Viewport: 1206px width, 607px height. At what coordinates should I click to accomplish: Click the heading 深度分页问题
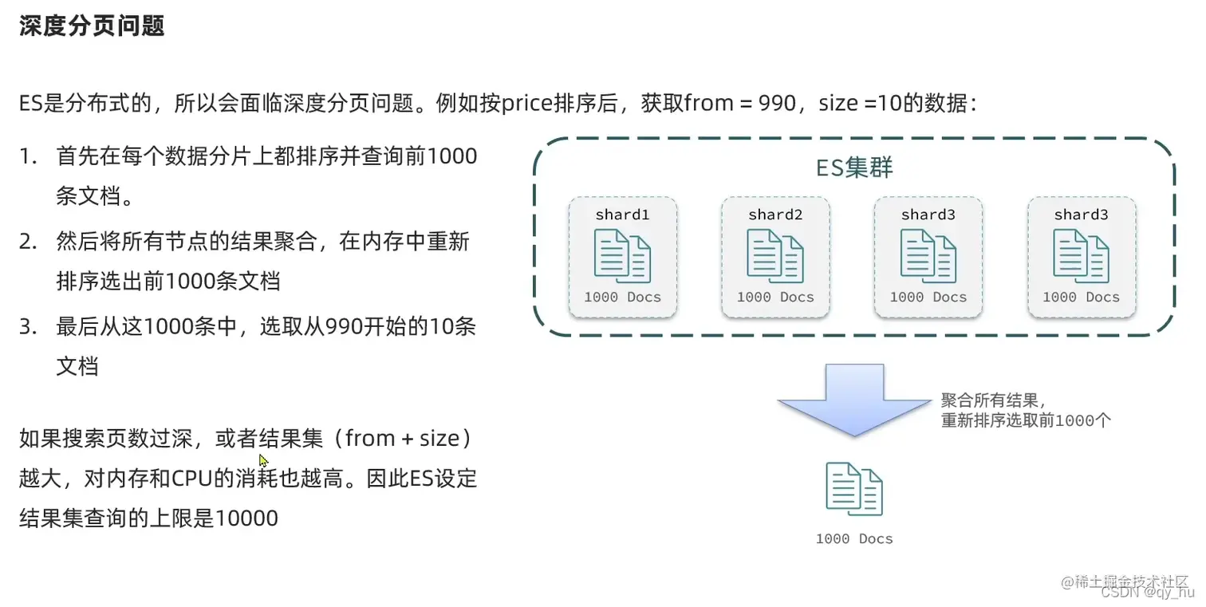92,26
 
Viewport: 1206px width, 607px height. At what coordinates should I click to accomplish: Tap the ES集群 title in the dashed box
853,168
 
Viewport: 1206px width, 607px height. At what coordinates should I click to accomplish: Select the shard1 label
622,215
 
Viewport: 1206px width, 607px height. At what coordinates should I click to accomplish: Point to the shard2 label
775,215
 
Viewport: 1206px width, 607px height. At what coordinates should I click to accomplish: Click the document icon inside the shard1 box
622,255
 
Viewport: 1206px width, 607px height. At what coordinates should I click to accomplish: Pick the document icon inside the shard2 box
775,255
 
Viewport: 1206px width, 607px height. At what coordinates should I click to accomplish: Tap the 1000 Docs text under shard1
622,297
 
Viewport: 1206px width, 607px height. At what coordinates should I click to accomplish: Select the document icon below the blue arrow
853,488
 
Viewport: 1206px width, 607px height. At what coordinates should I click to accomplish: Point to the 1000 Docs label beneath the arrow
853,539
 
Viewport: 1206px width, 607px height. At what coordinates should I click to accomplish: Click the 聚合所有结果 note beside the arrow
993,400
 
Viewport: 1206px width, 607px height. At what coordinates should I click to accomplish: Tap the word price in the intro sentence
528,104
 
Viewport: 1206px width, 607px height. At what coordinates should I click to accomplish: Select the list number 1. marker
29,156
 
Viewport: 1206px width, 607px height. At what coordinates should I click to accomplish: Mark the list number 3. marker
29,327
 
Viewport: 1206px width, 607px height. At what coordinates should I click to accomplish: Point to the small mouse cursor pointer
263,460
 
